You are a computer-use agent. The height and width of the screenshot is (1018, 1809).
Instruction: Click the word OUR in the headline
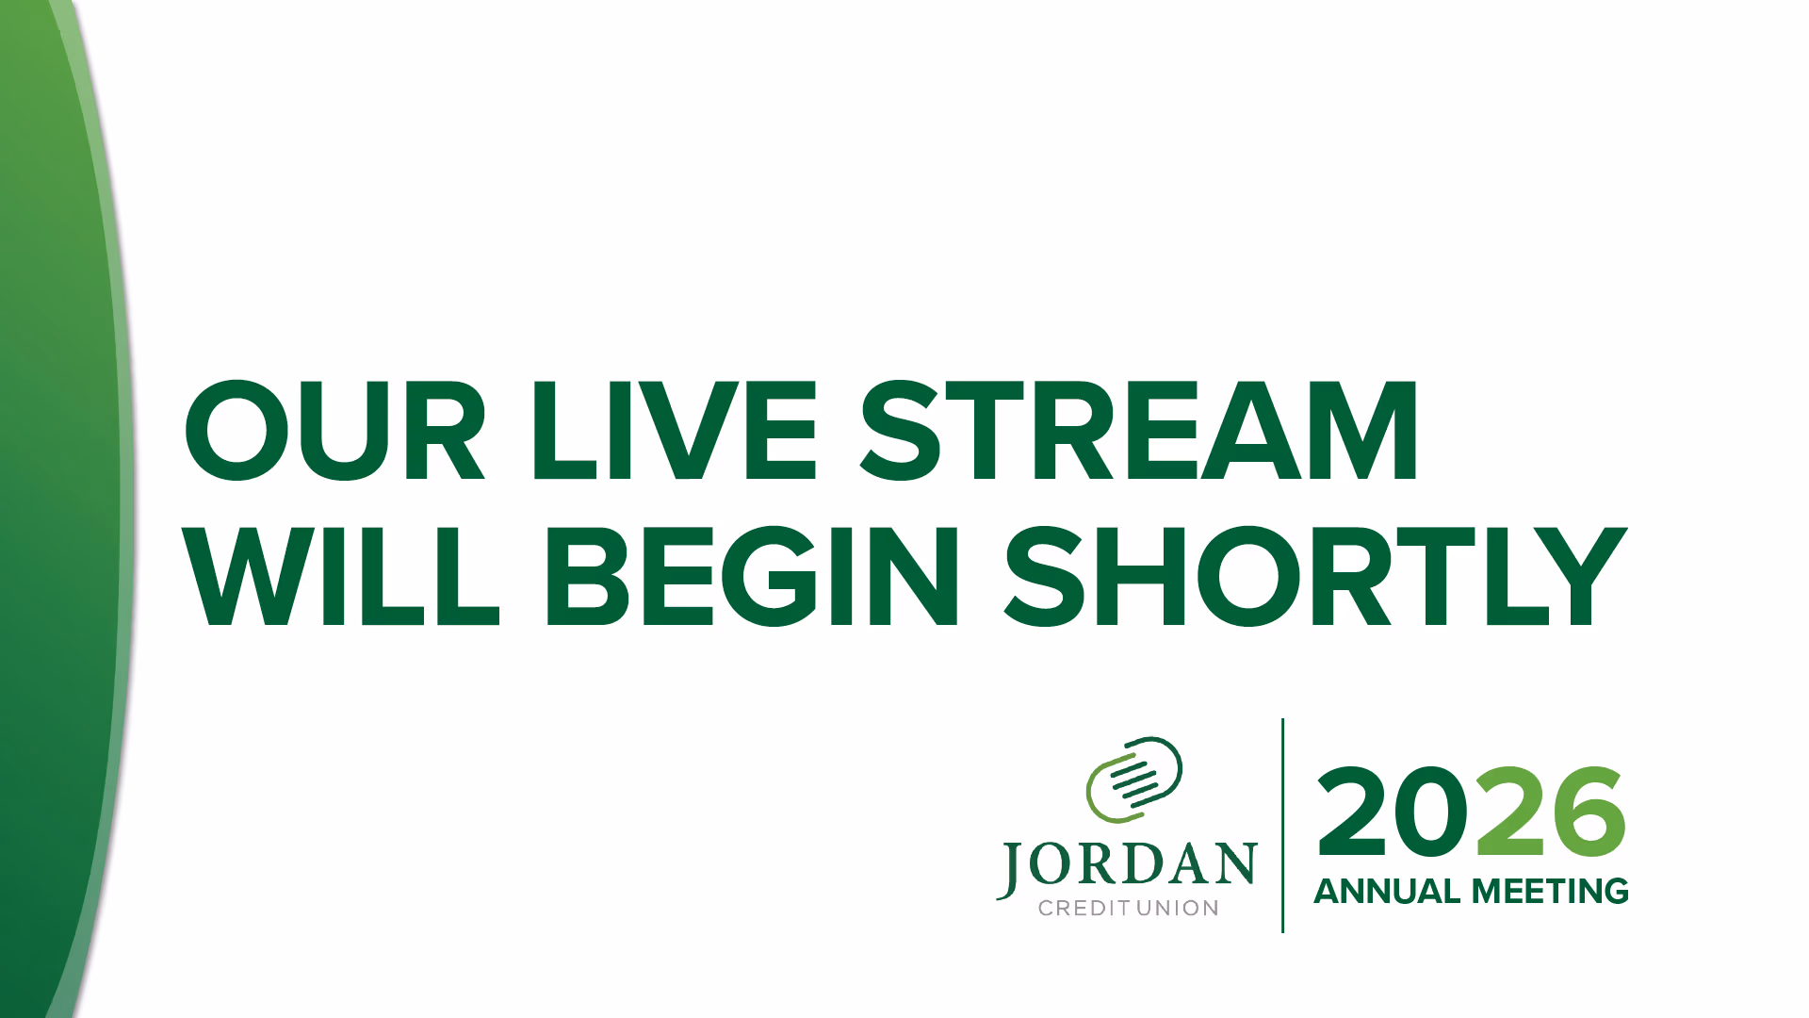tap(334, 431)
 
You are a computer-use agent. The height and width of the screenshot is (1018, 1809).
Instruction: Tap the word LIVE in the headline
tap(674, 431)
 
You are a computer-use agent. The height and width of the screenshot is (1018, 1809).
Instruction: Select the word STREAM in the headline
tap(1138, 431)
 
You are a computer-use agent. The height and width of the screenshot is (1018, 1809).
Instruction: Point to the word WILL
tap(340, 576)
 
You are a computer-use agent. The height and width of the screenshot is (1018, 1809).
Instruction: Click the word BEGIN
tap(751, 576)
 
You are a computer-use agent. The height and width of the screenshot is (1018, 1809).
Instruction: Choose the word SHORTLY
tap(1316, 576)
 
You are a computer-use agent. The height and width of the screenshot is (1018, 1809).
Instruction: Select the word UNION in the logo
tap(1178, 908)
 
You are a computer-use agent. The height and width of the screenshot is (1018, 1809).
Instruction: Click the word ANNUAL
tap(1387, 891)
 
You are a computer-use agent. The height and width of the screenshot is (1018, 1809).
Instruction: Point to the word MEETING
tap(1551, 891)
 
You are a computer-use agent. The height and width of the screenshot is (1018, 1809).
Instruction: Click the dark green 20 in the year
tap(1395, 812)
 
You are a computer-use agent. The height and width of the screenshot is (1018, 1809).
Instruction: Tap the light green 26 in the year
tap(1551, 812)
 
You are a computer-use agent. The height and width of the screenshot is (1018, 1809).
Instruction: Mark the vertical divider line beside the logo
tap(1282, 826)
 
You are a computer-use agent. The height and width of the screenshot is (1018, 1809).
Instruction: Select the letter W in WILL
tap(248, 576)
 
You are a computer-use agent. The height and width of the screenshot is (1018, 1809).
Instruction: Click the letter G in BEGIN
tap(771, 576)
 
